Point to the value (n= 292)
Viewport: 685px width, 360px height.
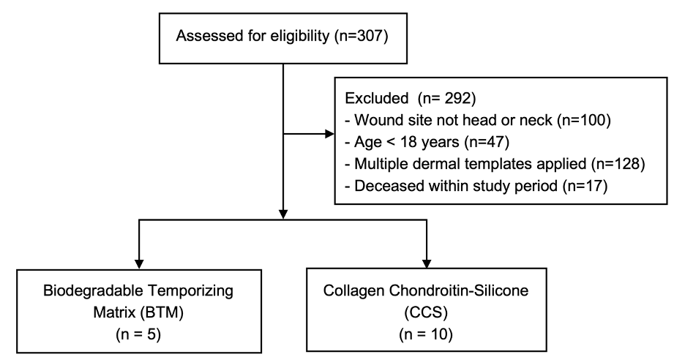point(449,96)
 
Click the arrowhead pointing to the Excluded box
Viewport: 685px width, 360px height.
point(326,135)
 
